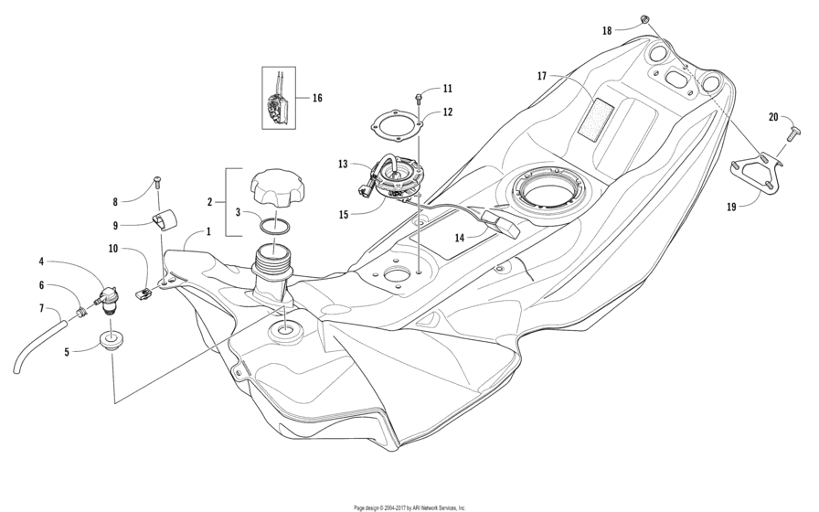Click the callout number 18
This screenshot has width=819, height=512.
pyautogui.click(x=607, y=30)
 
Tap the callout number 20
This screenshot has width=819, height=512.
pyautogui.click(x=773, y=117)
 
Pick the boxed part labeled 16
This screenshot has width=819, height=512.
pyautogui.click(x=280, y=98)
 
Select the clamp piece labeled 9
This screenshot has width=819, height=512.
pyautogui.click(x=165, y=219)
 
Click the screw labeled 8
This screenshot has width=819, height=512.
pyautogui.click(x=157, y=184)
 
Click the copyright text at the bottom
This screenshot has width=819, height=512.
pyautogui.click(x=409, y=507)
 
